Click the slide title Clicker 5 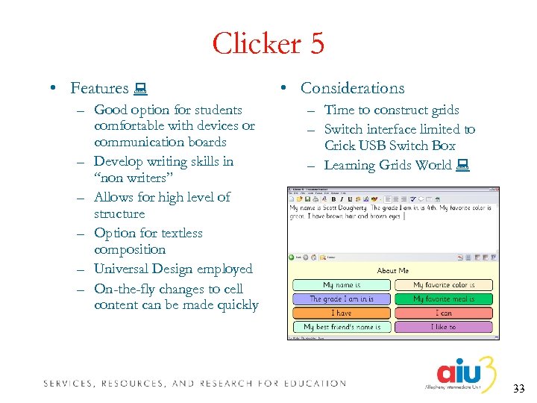[x=268, y=43]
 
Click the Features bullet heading [x=99, y=88]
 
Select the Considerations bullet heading [x=352, y=88]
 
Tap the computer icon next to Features [x=139, y=89]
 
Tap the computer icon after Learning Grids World [x=463, y=166]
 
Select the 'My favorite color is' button [x=444, y=285]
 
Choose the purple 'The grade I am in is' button [x=342, y=299]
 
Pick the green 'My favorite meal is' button [x=444, y=299]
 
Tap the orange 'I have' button [x=342, y=313]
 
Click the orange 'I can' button [x=444, y=313]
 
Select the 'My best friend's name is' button [x=342, y=327]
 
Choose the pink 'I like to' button [x=444, y=327]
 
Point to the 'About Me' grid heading [x=392, y=271]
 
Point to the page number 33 [x=518, y=388]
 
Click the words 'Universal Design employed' [x=173, y=269]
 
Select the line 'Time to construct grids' [x=391, y=110]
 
